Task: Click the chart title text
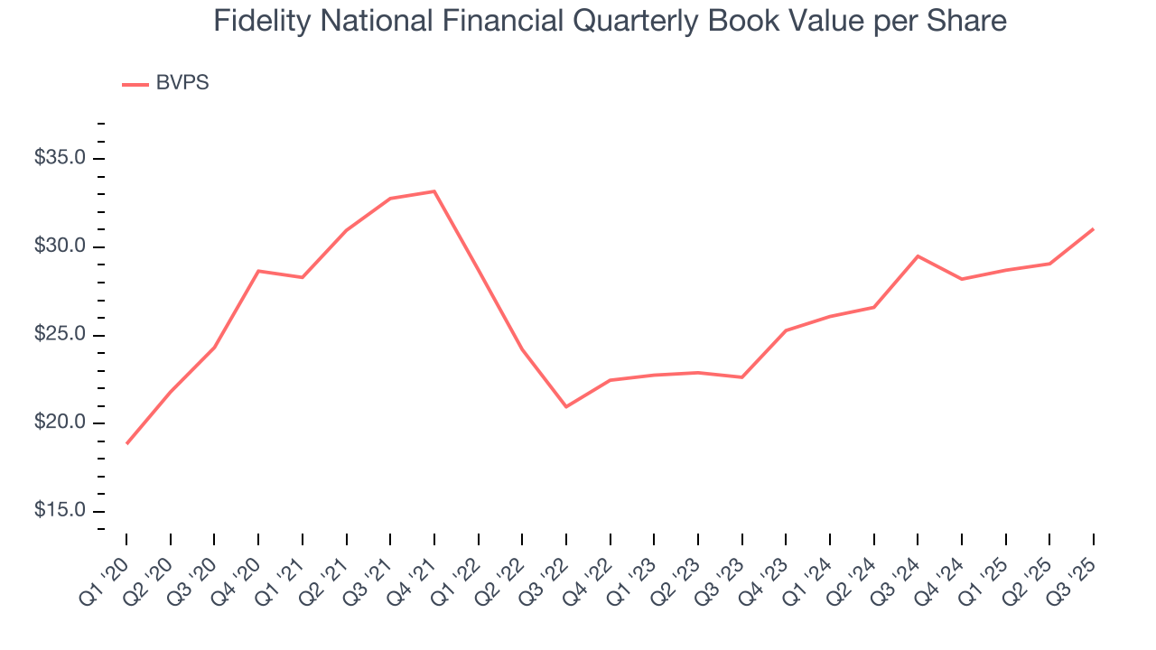pos(610,20)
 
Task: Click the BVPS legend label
pos(182,83)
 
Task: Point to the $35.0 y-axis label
pos(60,159)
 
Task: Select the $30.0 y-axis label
pos(60,247)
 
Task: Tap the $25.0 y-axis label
pos(60,335)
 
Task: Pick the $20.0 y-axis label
pos(60,423)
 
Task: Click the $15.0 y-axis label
pos(60,511)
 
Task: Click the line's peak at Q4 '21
pos(434,191)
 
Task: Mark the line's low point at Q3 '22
pos(566,407)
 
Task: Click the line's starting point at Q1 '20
pos(126,443)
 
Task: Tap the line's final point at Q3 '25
pos(1094,228)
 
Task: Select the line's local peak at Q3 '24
pos(918,256)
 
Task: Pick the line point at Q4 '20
pos(258,271)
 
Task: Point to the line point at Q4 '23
pos(786,330)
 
